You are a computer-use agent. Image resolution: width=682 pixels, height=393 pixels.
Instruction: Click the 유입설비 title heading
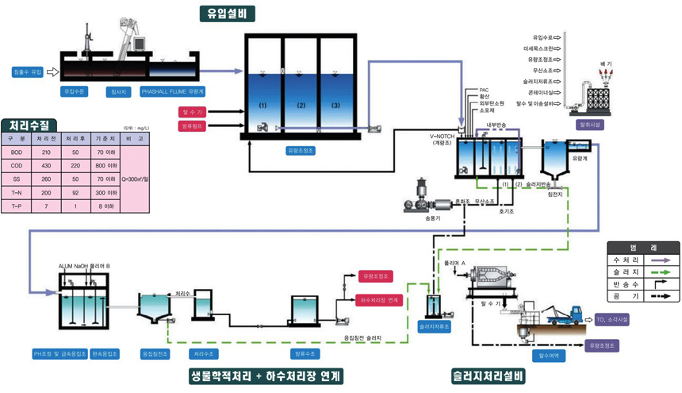(x=228, y=13)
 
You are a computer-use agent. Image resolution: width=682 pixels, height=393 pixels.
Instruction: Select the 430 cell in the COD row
(x=46, y=166)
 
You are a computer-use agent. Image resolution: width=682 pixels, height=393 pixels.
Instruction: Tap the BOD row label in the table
(x=17, y=152)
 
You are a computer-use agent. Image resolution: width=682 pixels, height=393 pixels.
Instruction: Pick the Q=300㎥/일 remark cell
(x=135, y=179)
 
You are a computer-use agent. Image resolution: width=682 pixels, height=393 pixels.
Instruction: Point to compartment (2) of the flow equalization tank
(x=301, y=105)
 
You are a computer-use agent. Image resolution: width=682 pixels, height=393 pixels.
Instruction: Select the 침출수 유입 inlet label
(x=28, y=72)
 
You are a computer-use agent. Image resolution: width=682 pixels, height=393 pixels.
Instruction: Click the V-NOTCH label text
(x=443, y=137)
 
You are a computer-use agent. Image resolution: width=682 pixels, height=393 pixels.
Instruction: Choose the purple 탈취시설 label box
(x=591, y=125)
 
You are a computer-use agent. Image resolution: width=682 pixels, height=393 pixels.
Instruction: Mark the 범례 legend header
(x=642, y=248)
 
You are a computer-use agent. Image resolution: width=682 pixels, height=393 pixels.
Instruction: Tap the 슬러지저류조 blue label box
(x=434, y=326)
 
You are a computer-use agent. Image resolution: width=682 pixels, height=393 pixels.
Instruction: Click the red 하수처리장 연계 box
(x=380, y=300)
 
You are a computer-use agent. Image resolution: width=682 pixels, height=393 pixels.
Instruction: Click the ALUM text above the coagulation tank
(x=66, y=265)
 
